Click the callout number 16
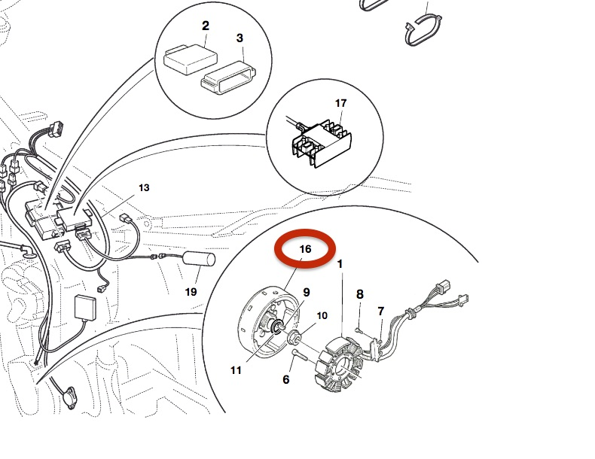[x=305, y=248]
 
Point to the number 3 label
[x=240, y=37]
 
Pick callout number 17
[x=340, y=102]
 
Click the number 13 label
[x=144, y=187]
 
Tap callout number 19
[x=191, y=291]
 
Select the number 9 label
[x=307, y=292]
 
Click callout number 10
[x=322, y=315]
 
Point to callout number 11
[x=236, y=369]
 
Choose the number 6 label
[x=286, y=380]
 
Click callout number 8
[x=360, y=294]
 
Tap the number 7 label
[x=381, y=311]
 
